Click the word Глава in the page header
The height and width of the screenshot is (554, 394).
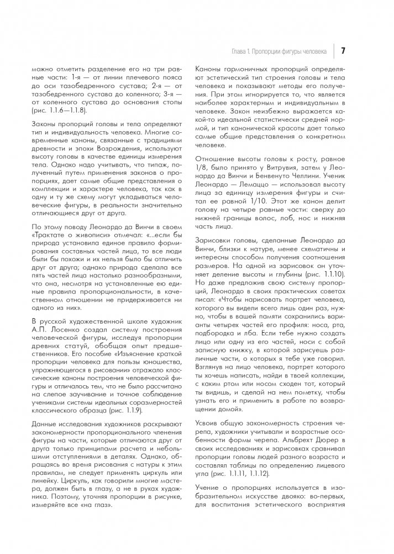[x=239, y=51]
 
